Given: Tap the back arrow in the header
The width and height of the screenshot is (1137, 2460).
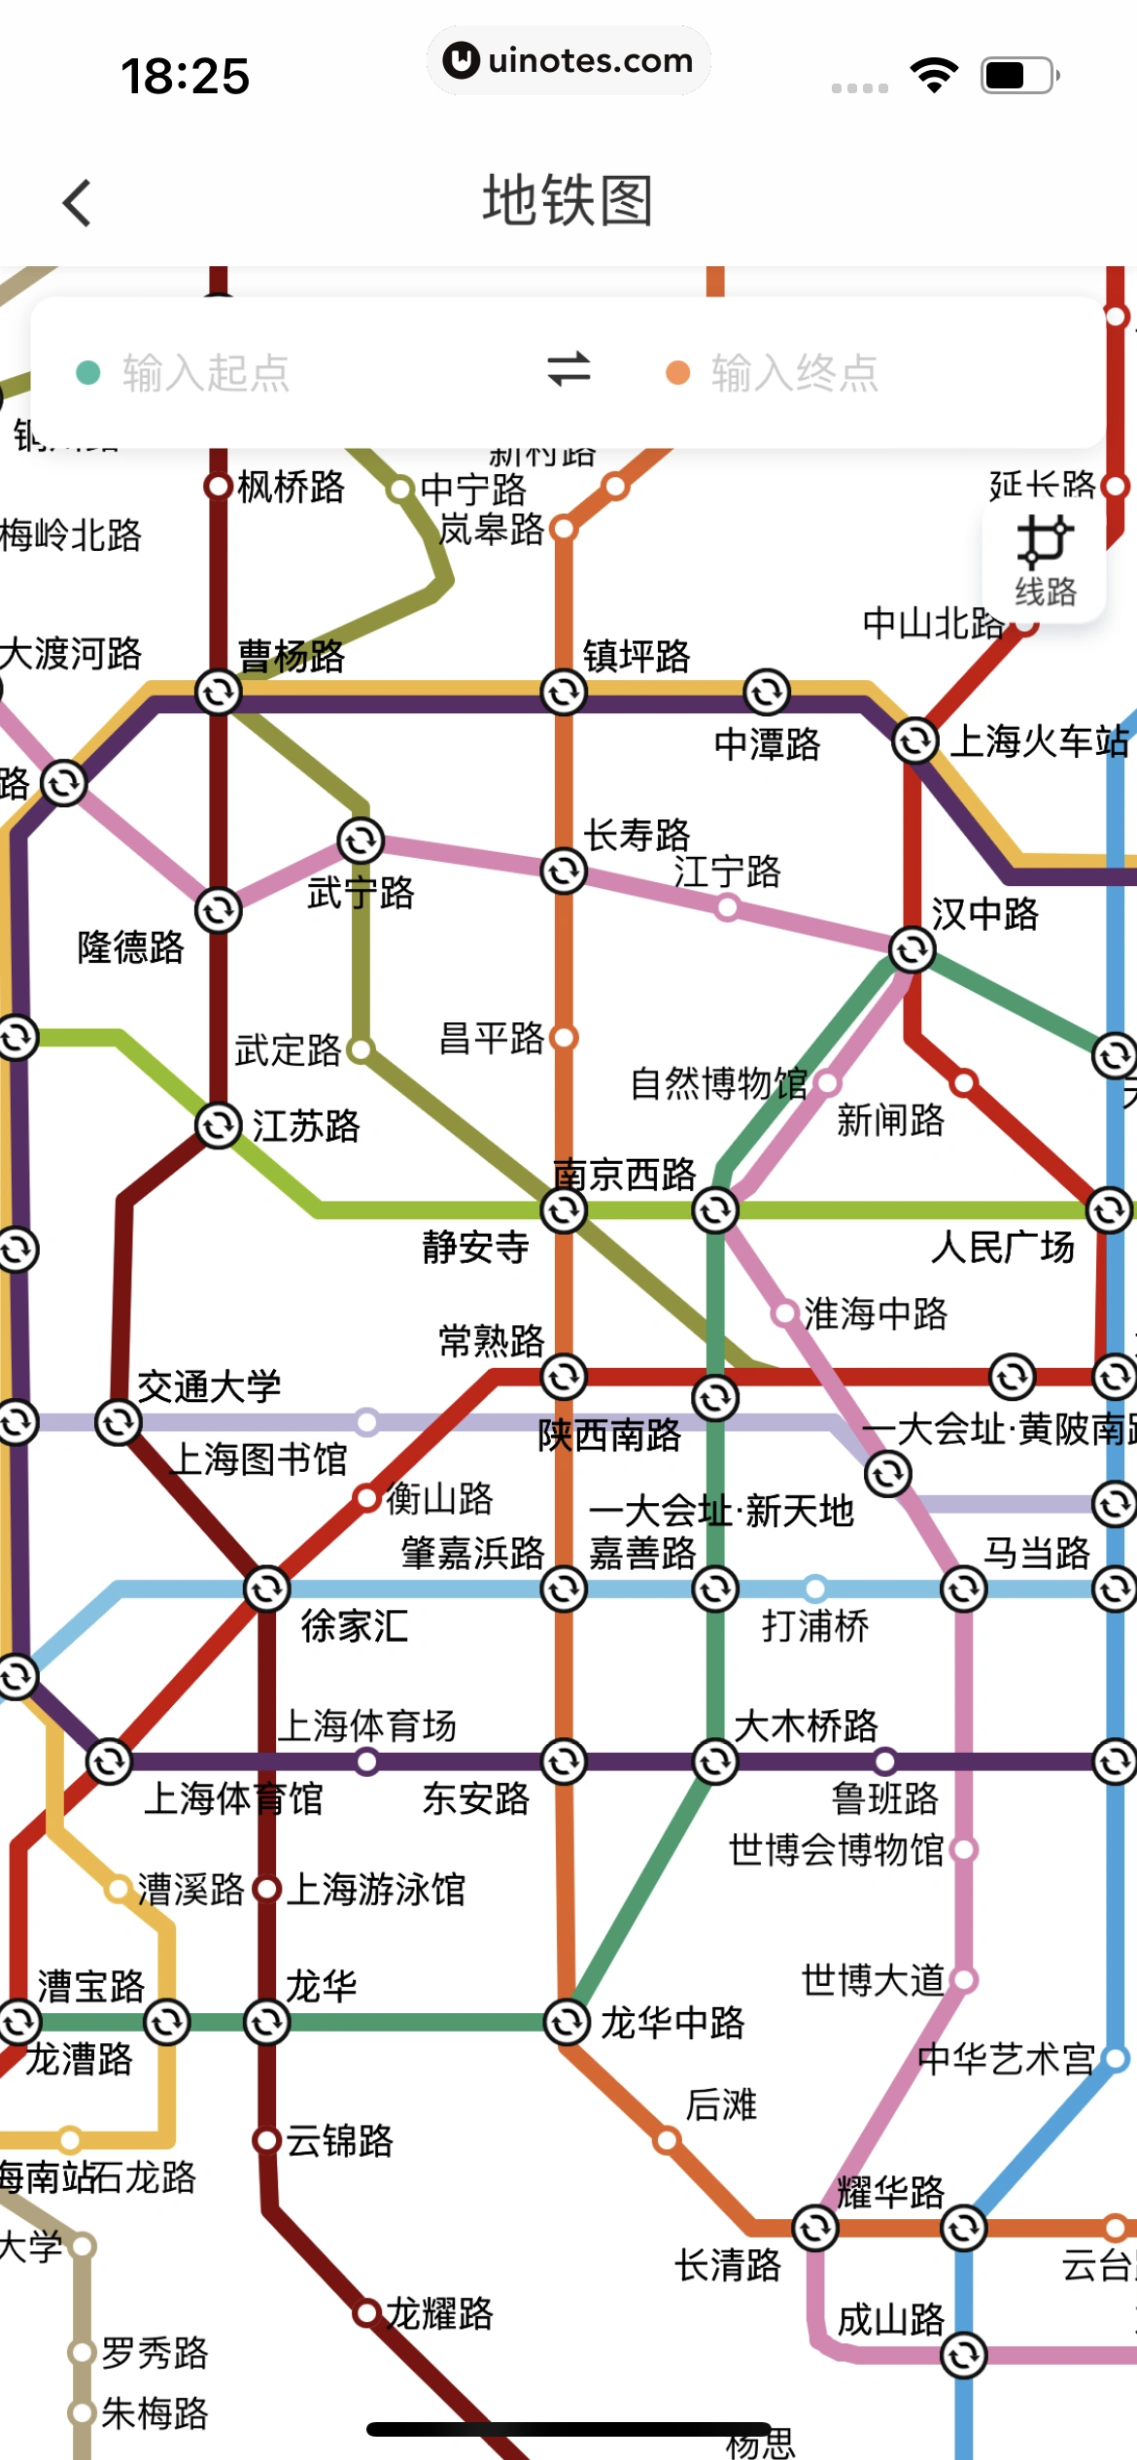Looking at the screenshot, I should pos(78,203).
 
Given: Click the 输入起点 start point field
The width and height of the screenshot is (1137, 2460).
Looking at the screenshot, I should pos(206,373).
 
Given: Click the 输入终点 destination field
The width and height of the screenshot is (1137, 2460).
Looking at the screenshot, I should pos(794,373).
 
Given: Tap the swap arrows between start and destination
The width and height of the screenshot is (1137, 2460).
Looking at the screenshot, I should pos(568,370).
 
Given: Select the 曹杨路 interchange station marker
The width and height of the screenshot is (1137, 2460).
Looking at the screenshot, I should pos(218,693).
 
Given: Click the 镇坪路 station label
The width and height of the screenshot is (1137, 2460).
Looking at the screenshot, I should pos(637,657).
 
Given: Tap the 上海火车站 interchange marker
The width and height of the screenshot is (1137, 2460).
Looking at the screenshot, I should pos(914,741).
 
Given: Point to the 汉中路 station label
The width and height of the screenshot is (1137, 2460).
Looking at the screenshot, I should pos(984,914).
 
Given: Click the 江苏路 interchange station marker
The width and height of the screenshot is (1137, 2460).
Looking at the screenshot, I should pos(218,1126).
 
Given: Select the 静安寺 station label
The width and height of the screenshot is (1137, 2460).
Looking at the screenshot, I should pos(475,1247).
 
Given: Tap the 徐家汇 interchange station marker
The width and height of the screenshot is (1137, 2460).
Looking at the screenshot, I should pos(267,1589).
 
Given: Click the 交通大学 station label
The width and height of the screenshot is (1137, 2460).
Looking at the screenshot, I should pos(209,1386).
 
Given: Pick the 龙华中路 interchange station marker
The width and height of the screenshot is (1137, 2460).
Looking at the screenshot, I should pos(566,2022).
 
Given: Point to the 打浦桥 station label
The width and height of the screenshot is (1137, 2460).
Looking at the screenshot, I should pos(815,1625).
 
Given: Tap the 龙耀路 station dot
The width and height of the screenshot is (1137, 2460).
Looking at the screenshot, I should pos(366,2313).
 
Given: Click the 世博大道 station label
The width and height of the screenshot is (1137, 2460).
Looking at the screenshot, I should pos(873,1979).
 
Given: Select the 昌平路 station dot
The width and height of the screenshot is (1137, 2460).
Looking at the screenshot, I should pos(565,1038).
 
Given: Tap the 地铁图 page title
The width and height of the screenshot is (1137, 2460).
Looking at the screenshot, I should pos(568,201).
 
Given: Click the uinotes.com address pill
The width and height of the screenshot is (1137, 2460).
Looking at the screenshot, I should pos(568,60).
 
